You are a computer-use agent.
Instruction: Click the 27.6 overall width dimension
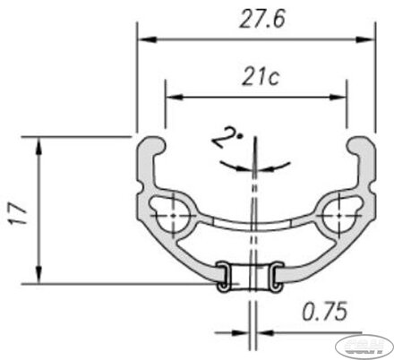click(255, 18)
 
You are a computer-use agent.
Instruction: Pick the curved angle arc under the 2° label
click(255, 167)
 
